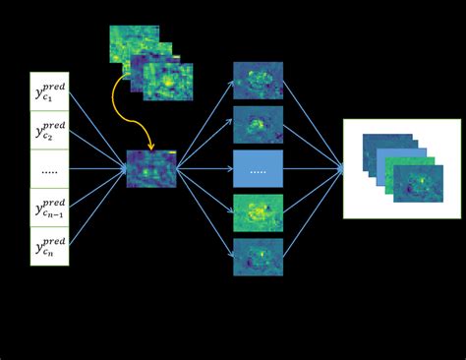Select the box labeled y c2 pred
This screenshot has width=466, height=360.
(49, 130)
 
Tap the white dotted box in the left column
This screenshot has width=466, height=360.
(49, 169)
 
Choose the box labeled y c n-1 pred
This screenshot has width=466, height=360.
(49, 208)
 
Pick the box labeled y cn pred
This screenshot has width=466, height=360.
(49, 246)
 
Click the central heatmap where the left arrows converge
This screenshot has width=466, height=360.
(151, 169)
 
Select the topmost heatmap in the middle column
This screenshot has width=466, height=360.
(258, 81)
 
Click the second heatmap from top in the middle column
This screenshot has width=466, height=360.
(258, 125)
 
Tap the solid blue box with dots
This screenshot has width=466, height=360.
(258, 169)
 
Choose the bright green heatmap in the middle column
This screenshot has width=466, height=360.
(258, 212)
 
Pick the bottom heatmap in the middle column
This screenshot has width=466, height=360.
(258, 257)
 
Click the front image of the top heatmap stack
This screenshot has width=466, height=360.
(168, 83)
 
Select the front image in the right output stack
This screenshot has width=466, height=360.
(418, 184)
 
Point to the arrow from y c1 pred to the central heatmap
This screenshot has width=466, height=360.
(97, 124)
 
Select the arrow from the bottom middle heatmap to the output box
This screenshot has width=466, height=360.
(313, 213)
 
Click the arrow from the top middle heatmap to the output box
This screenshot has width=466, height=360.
(313, 122)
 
